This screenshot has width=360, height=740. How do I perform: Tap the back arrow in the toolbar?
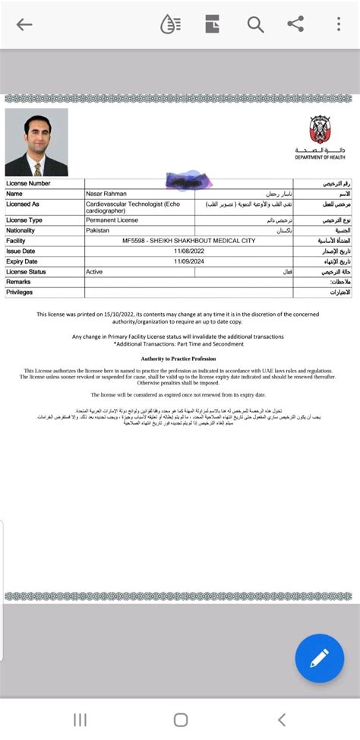pos(24,24)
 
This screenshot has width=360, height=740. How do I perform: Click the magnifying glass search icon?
pos(255,24)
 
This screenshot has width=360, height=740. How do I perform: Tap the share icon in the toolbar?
pos(295,24)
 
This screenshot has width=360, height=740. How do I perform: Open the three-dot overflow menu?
pos(339,24)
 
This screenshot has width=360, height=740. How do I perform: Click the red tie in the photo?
pos(37,169)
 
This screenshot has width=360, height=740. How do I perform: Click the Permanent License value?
pos(112,220)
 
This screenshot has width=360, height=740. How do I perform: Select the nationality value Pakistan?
pos(98,230)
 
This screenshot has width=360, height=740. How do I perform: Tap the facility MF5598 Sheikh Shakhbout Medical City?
pos(188,241)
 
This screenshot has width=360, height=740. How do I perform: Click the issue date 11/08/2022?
pos(190,251)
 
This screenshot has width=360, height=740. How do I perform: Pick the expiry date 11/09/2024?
pos(190,261)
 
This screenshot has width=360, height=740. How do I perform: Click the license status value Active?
pos(94,271)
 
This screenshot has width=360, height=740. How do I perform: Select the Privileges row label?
pos(20,292)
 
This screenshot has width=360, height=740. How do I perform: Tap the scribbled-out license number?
pos(188,181)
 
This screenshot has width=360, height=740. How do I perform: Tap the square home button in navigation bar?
pos(181,719)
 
